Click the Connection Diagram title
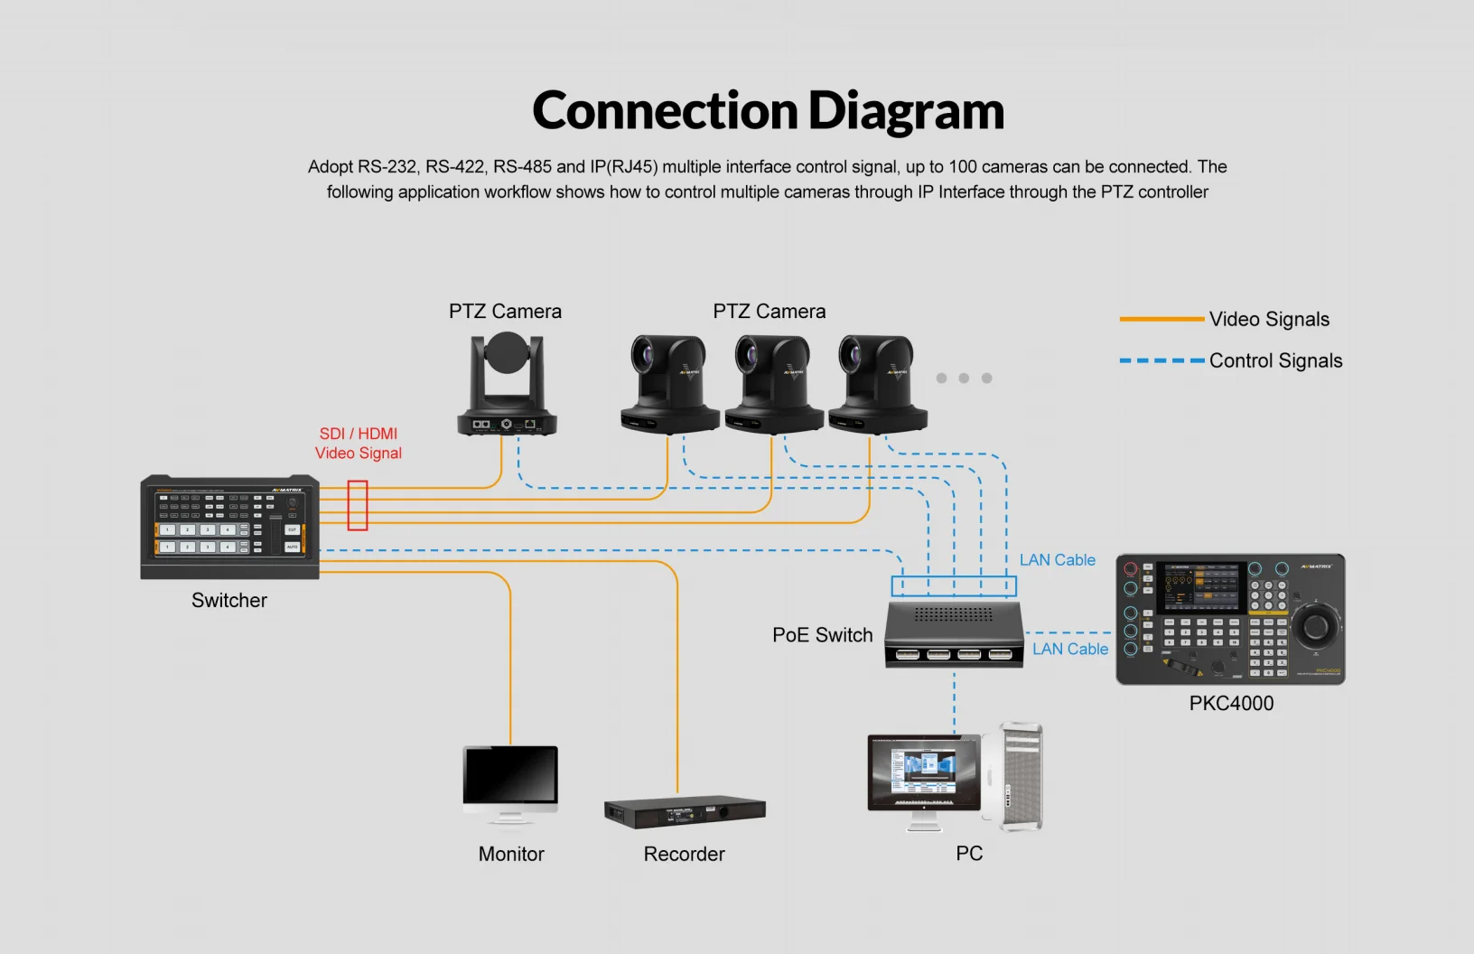[768, 111]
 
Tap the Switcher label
[229, 601]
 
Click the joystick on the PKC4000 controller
[1315, 624]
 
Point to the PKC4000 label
[1231, 704]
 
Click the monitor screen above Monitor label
[510, 775]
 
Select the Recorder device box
[684, 812]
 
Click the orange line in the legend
[1161, 319]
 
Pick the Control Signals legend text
[1275, 361]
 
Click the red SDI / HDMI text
[359, 434]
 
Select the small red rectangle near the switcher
[358, 505]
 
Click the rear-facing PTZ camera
[506, 384]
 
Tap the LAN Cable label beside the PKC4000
[1070, 650]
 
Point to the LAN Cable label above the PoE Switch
[1057, 560]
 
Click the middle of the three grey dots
[964, 379]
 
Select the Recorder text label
[684, 855]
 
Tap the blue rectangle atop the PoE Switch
[954, 586]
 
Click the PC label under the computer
[969, 854]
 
